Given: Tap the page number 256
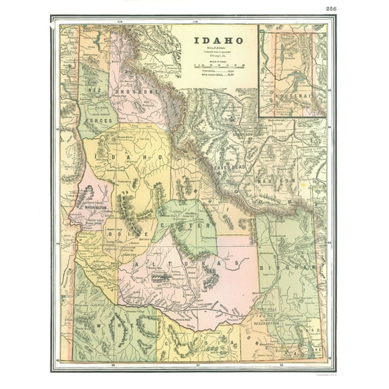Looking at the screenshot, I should click(x=331, y=9).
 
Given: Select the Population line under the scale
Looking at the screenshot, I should click(x=214, y=72).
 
